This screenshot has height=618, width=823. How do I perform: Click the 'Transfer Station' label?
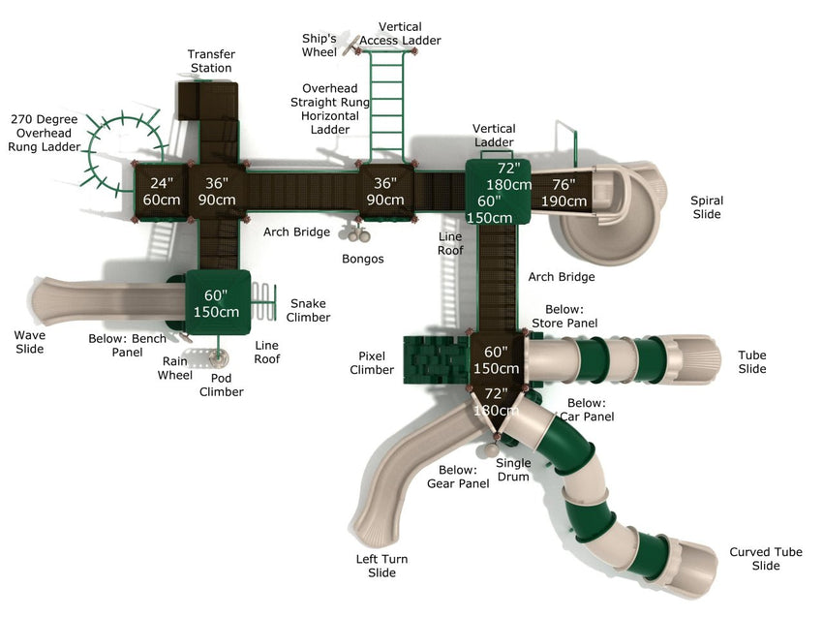pyautogui.click(x=211, y=61)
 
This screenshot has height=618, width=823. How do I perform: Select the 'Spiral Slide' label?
pyautogui.click(x=707, y=207)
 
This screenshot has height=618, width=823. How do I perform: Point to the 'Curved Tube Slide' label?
pyautogui.click(x=766, y=559)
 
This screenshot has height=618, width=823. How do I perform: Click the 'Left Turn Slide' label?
pyautogui.click(x=382, y=566)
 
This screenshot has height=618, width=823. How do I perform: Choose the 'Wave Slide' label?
pyautogui.click(x=29, y=342)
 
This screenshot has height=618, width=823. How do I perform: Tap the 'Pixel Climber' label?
pyautogui.click(x=372, y=363)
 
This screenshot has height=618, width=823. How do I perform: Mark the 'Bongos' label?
pyautogui.click(x=363, y=259)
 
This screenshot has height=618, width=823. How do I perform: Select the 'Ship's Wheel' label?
pyautogui.click(x=319, y=45)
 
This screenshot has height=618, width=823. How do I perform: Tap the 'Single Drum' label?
pyautogui.click(x=513, y=469)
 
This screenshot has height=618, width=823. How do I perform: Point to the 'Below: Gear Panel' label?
pyautogui.click(x=458, y=477)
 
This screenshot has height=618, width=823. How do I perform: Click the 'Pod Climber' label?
pyautogui.click(x=222, y=385)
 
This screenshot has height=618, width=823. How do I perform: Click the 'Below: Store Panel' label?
pyautogui.click(x=564, y=316)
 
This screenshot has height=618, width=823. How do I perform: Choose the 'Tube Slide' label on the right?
pyautogui.click(x=752, y=361)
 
